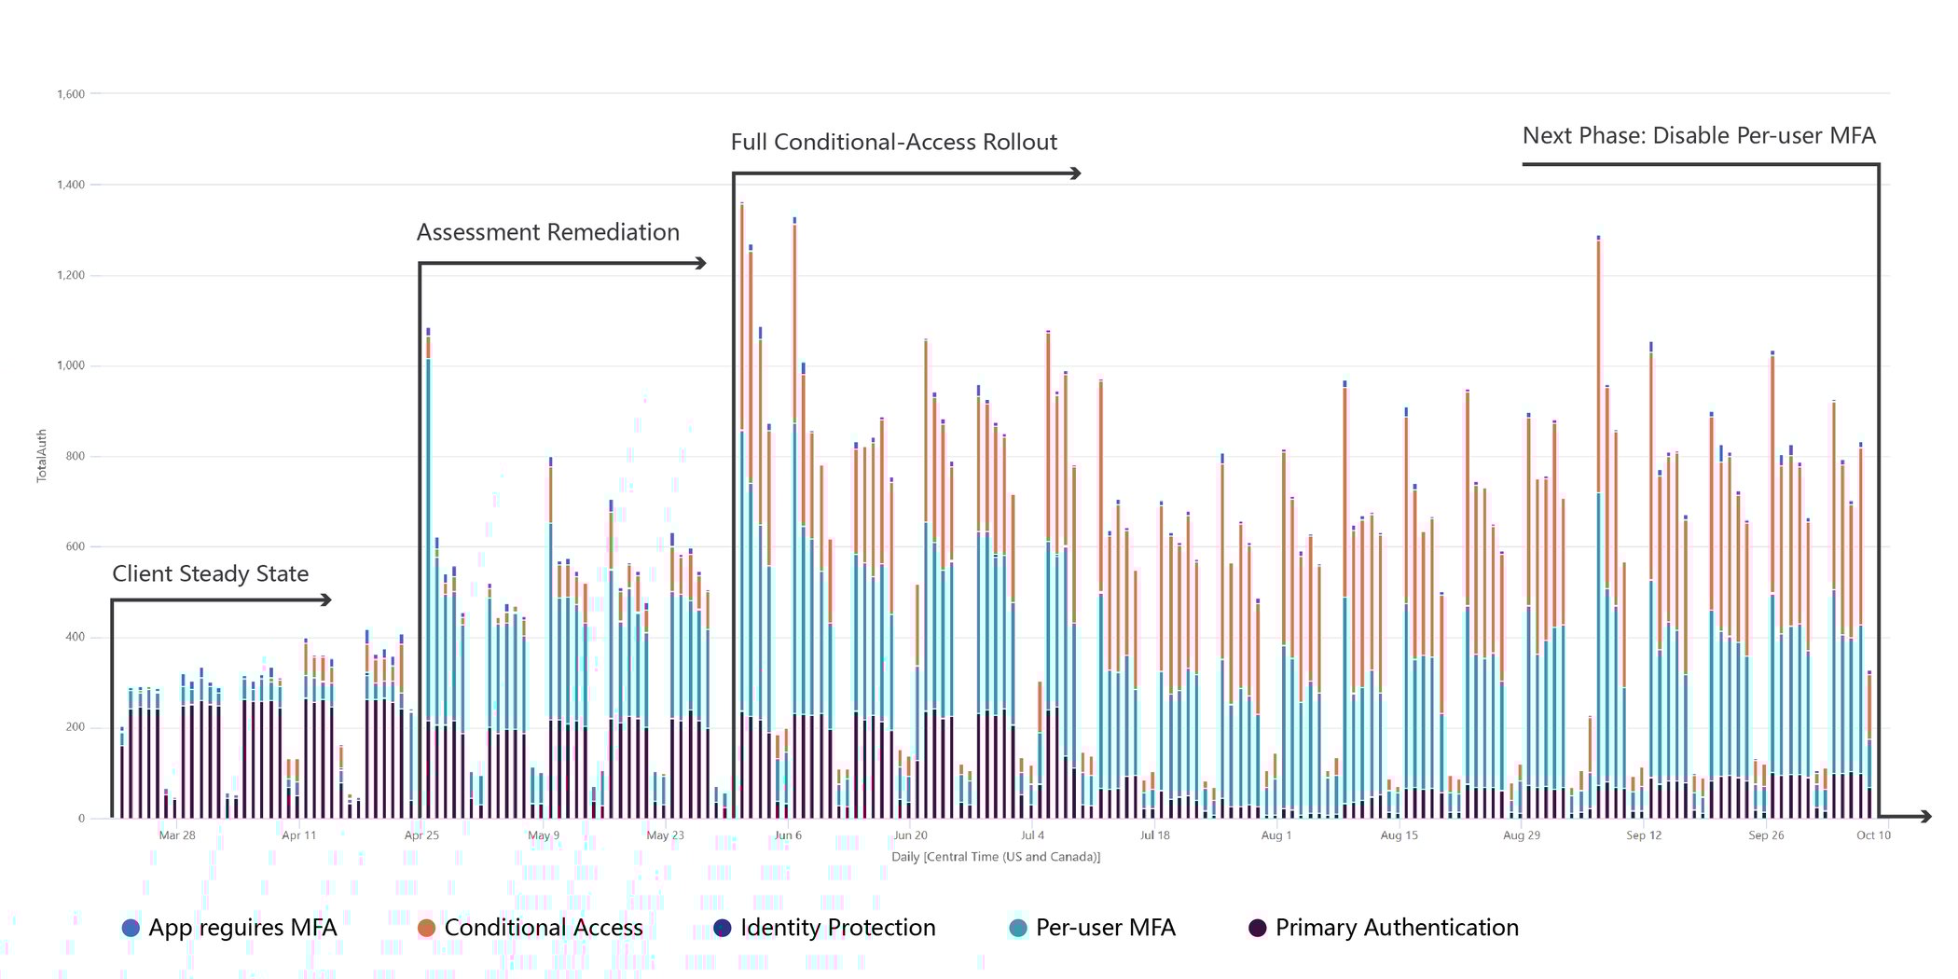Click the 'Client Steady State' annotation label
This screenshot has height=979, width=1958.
coord(210,573)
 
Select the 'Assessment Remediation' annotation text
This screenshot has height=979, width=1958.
coord(547,232)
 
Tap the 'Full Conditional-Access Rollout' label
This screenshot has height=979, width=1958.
coord(893,142)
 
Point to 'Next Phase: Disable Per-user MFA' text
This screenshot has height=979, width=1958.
coord(1699,135)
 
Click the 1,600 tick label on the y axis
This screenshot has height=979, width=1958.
coord(71,94)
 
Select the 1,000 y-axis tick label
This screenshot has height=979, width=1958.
coord(71,365)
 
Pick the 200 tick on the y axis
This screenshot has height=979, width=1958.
coord(75,727)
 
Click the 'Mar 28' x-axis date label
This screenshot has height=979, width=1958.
coord(177,835)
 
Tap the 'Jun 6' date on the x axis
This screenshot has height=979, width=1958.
coord(788,835)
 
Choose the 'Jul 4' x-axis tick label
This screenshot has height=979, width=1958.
coord(1032,835)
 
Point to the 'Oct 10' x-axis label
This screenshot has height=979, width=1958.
coord(1873,835)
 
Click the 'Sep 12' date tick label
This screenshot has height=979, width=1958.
coord(1644,835)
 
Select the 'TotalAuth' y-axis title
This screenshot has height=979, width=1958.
coord(42,456)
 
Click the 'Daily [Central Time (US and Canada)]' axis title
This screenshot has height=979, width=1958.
coord(996,857)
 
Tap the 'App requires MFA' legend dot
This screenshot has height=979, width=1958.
coord(131,928)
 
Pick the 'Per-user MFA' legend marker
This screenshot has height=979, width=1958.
coord(1018,928)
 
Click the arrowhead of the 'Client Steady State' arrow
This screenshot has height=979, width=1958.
coord(326,600)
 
